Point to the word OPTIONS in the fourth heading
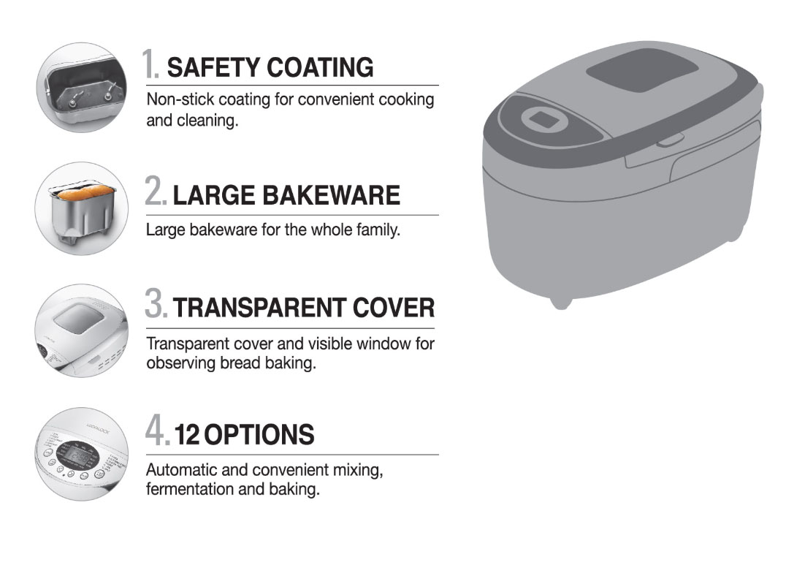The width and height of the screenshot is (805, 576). coord(260,435)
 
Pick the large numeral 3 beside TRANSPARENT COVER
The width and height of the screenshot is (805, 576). coord(155,303)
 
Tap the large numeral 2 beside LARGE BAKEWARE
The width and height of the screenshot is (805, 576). coord(155,191)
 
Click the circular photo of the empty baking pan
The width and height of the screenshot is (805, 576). coord(82,88)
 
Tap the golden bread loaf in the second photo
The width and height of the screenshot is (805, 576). coord(85,193)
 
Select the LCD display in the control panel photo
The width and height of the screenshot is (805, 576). coord(78,454)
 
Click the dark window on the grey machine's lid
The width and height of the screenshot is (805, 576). coord(642,72)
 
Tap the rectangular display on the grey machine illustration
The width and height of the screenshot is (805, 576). coord(544,120)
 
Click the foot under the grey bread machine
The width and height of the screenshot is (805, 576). coord(560,303)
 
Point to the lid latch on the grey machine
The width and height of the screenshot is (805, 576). coord(669,140)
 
